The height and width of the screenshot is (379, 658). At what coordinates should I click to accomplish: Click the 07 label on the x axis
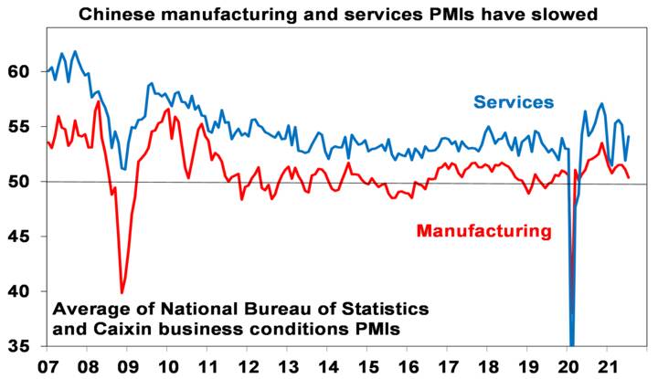point(48,366)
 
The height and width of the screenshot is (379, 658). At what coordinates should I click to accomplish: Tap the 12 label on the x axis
point(248,366)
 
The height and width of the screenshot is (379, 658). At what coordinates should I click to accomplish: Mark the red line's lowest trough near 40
point(122,293)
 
